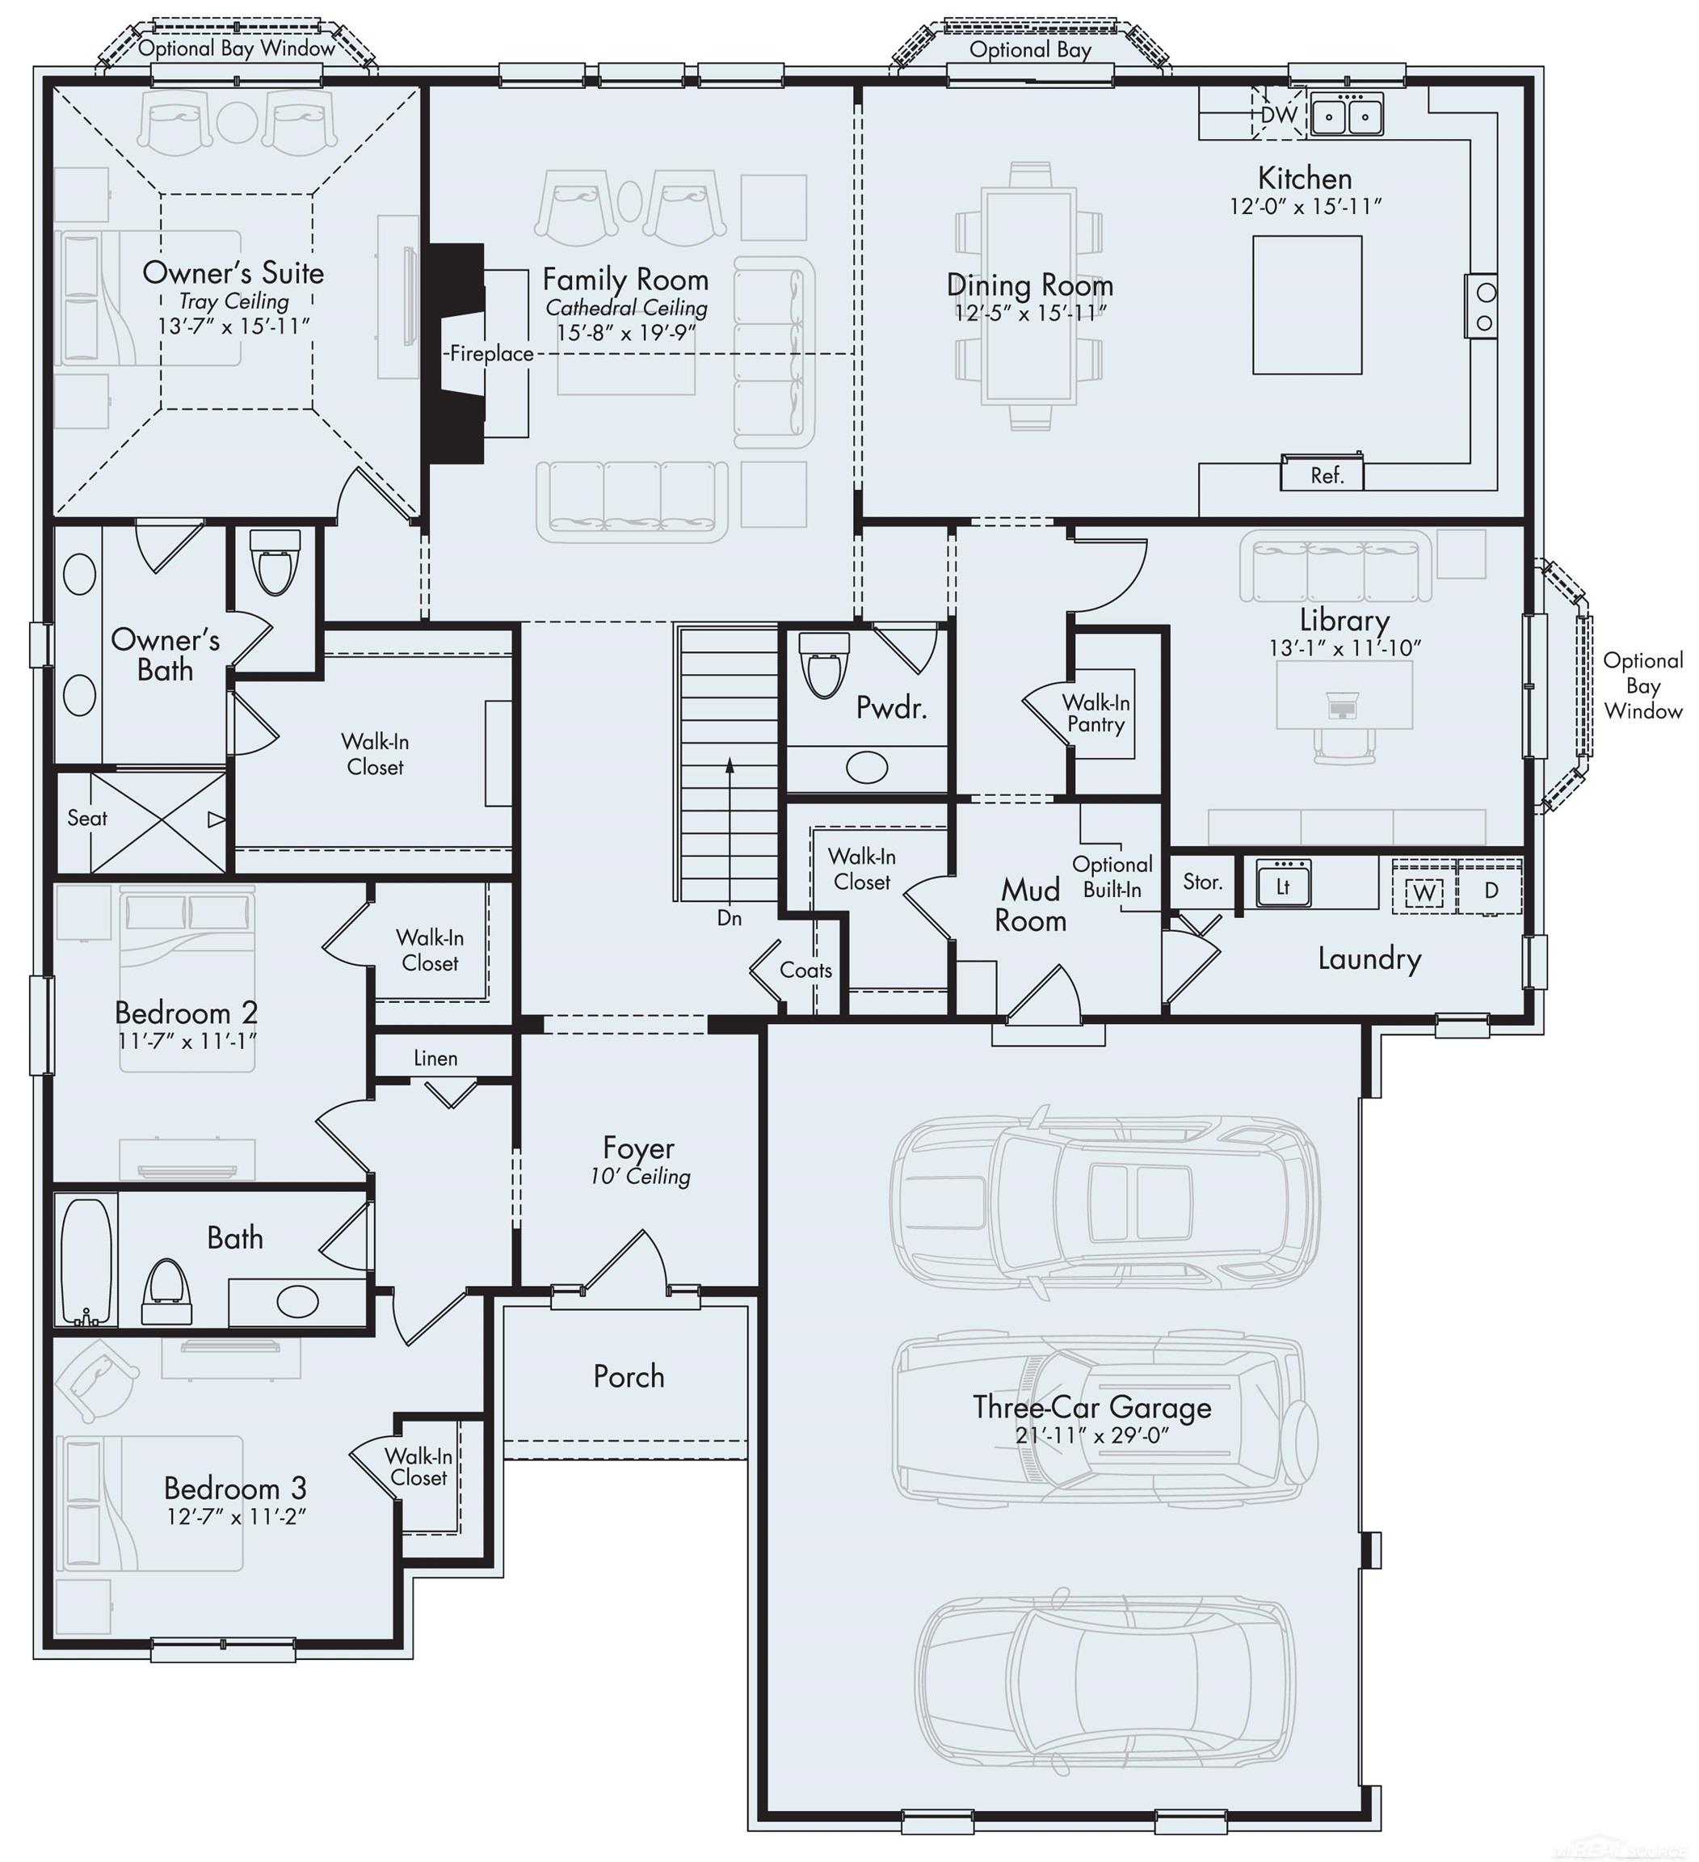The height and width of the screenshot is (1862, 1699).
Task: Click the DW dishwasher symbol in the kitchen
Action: coord(1279,114)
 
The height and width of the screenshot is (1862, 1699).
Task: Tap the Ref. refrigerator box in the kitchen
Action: coord(1326,474)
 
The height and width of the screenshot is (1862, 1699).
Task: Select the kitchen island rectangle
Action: coord(1306,305)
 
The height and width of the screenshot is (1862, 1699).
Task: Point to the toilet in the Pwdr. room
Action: coord(822,664)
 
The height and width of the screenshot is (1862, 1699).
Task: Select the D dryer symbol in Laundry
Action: coord(1491,891)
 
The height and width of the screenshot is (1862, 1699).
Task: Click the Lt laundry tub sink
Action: coord(1283,885)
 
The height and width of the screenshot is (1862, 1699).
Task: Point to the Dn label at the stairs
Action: coord(730,918)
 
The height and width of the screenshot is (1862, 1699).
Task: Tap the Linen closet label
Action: coord(435,1059)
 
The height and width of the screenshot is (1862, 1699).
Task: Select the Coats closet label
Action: coord(805,970)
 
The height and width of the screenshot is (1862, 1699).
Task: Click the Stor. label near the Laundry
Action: coord(1202,882)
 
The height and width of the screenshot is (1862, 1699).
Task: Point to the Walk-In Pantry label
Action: coord(1096,714)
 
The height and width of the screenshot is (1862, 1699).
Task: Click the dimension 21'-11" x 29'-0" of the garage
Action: coord(1092,1436)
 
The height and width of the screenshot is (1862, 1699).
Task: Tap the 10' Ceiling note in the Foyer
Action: coord(640,1177)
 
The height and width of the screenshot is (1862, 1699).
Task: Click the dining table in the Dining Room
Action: coord(1029,296)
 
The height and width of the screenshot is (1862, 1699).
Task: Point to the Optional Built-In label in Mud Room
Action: coord(1112,877)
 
